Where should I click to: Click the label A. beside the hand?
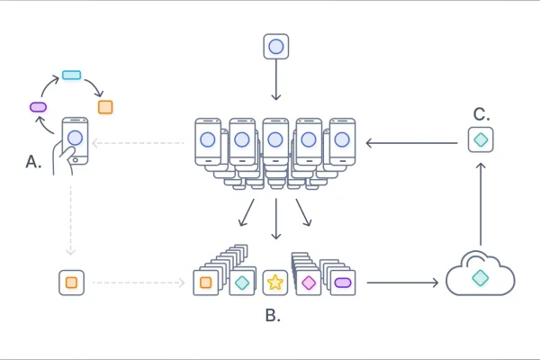point(34,161)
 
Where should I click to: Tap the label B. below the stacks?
point(274,316)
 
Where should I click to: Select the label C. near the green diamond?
point(481,114)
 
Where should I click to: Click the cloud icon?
point(481,276)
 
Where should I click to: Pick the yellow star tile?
point(274,283)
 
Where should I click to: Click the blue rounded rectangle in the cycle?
point(71,75)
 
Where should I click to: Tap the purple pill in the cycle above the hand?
point(38,106)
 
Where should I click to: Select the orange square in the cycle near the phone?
point(105,107)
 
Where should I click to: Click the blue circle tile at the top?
point(275,46)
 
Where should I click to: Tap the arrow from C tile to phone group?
point(409,141)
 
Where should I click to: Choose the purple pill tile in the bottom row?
point(342,283)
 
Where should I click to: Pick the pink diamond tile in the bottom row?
point(309,283)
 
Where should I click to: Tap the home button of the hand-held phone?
point(76,159)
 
